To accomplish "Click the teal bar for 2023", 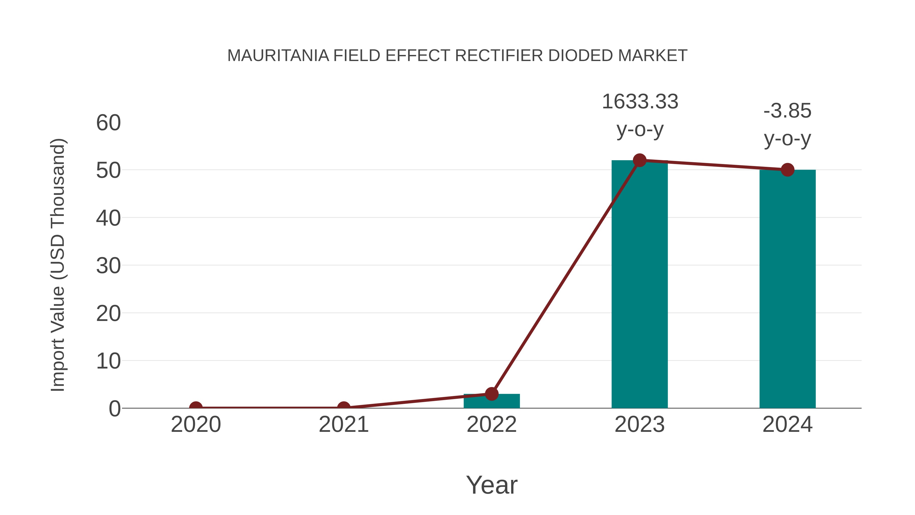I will pos(639,284).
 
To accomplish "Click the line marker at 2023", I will pos(639,160).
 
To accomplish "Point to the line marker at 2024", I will pos(787,170).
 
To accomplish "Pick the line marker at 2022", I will pos(492,394).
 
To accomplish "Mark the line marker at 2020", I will pos(196,407).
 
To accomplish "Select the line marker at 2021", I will pos(343,407).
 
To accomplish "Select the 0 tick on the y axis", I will pos(114,409).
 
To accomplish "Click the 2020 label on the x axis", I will pos(196,424).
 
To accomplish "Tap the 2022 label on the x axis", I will pos(492,424).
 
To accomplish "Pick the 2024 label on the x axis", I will pos(787,424).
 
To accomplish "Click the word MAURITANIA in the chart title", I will pos(278,56).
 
